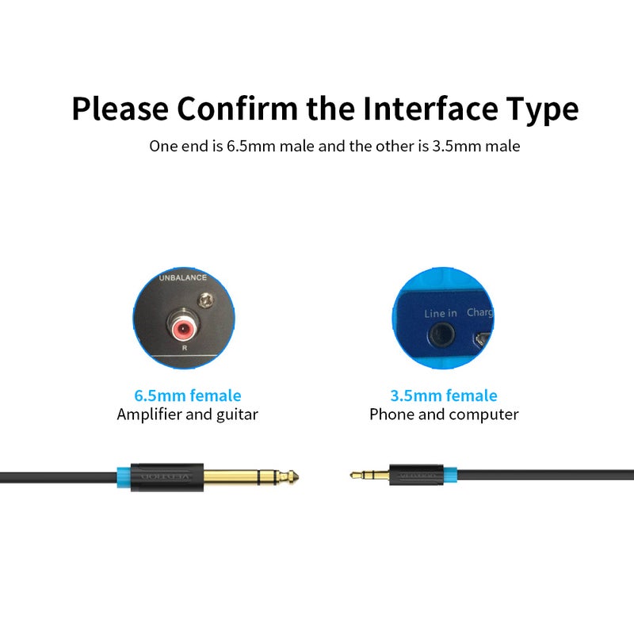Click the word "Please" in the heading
tap(119, 108)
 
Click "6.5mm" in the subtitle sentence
tap(248, 147)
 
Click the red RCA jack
tap(182, 325)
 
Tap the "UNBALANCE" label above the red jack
tap(182, 278)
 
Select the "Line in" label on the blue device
tap(441, 313)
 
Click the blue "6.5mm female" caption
tap(188, 395)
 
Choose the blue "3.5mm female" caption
tap(444, 395)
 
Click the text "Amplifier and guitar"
tap(188, 414)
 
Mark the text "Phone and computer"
tap(444, 414)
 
